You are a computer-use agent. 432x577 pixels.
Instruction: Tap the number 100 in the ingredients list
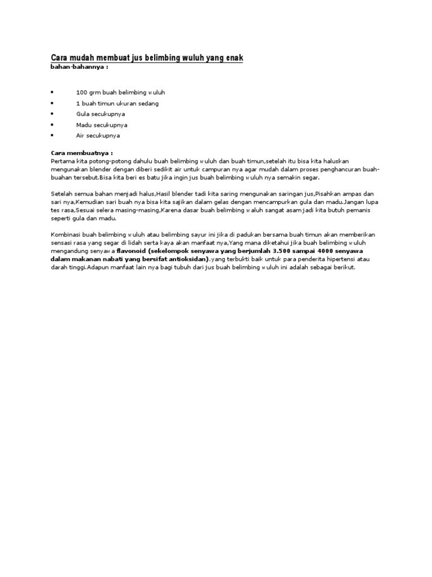(x=81, y=92)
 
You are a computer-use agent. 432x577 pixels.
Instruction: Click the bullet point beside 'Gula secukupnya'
(x=52, y=114)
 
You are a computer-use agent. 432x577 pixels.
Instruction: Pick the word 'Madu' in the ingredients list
(x=83, y=125)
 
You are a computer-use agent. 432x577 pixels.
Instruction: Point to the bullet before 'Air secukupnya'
(x=52, y=135)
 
